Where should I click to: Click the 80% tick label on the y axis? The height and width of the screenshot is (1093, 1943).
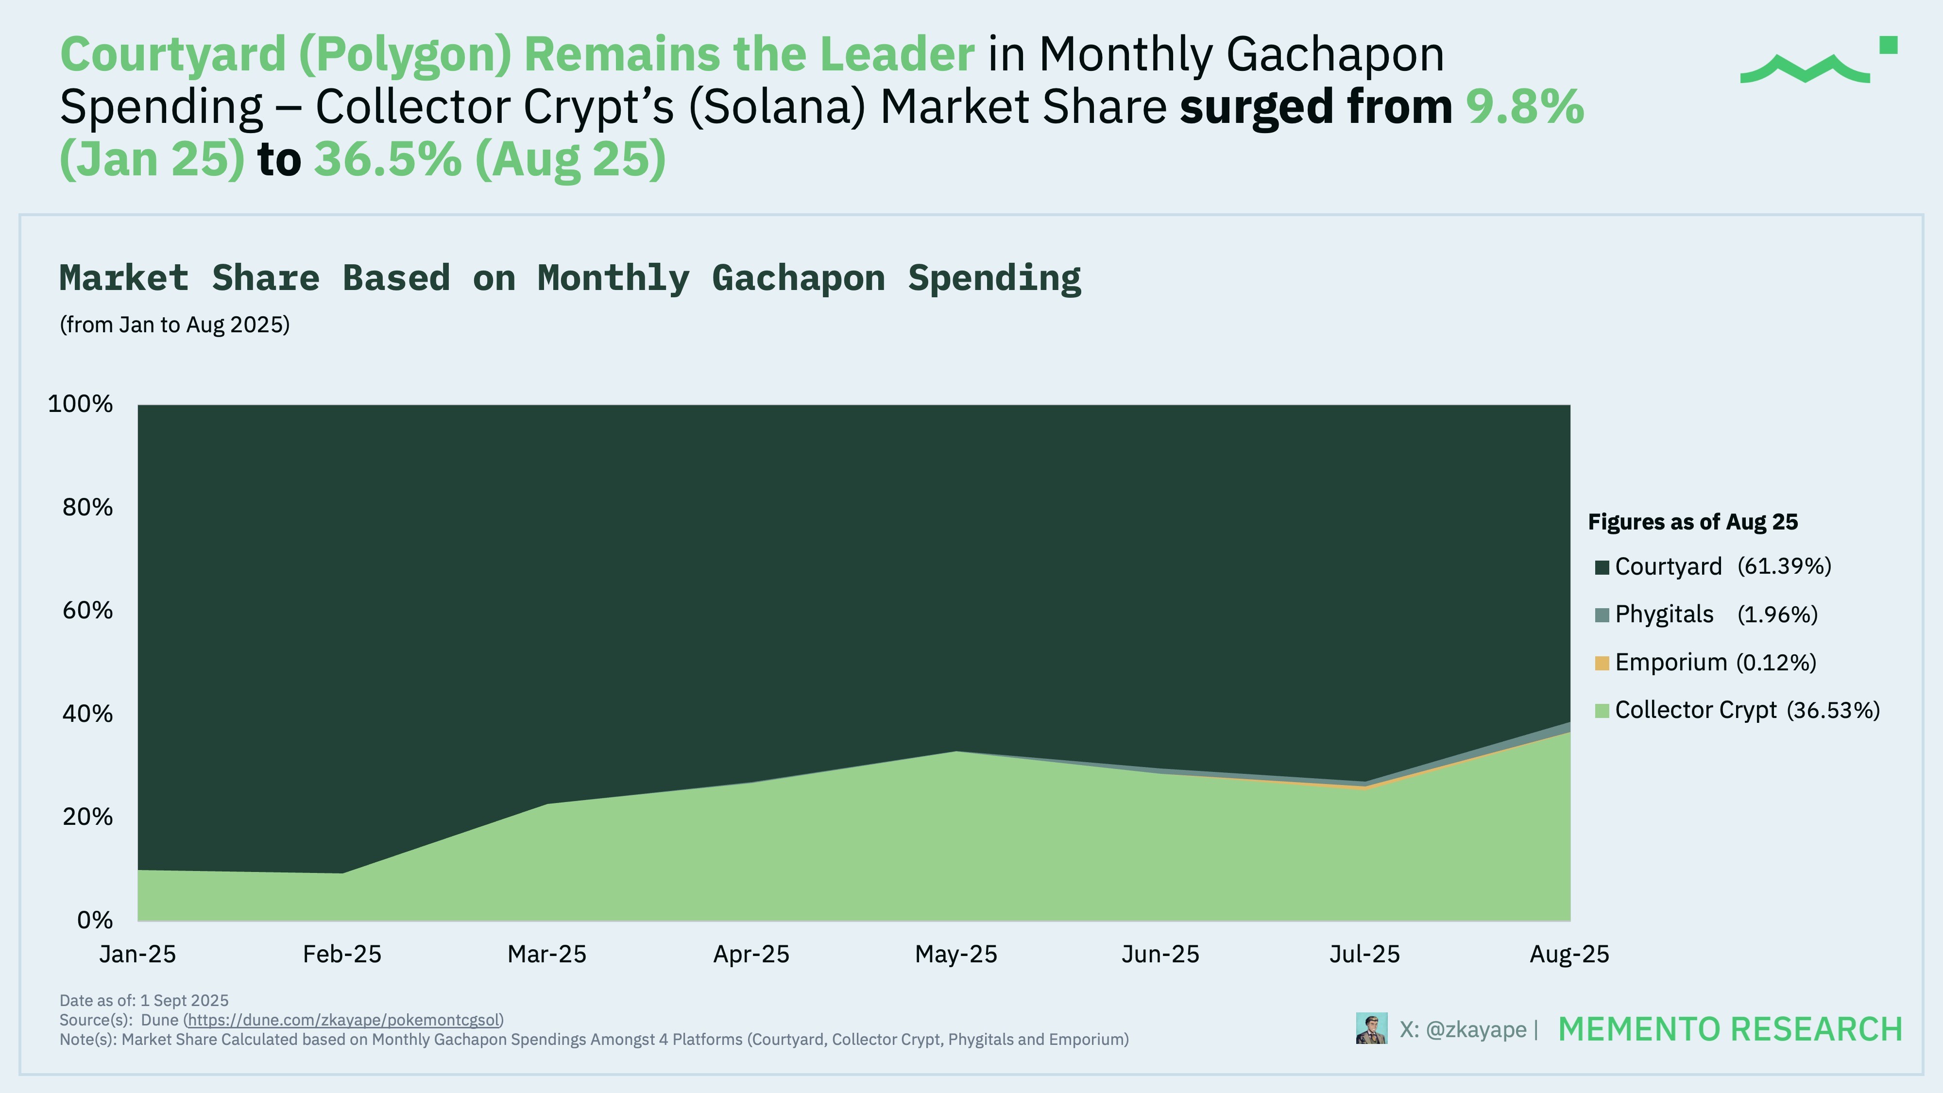tap(87, 507)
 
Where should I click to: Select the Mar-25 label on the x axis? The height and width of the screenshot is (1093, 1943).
tap(547, 954)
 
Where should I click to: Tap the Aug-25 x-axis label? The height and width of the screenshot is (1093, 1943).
tap(1569, 954)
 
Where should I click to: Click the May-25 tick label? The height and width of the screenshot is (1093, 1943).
tap(955, 954)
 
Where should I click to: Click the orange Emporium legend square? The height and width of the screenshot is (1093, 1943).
tap(1602, 663)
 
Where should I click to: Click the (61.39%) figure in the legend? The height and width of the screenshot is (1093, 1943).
tap(1784, 566)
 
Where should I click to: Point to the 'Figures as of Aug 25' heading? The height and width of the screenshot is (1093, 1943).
tap(1692, 522)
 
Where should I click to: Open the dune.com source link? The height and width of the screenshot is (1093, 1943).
tap(343, 1020)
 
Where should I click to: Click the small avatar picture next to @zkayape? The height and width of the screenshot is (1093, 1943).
tap(1371, 1028)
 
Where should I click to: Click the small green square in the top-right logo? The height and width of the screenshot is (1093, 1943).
tap(1888, 45)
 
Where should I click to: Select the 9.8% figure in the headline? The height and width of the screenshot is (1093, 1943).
tap(1524, 106)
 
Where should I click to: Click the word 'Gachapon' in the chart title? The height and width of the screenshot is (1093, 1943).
tap(798, 278)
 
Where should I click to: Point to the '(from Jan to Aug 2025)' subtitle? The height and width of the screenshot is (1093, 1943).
tap(174, 325)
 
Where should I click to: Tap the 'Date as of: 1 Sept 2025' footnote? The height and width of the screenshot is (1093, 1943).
tap(144, 1000)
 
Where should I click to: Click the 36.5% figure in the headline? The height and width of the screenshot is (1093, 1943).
tap(388, 159)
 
